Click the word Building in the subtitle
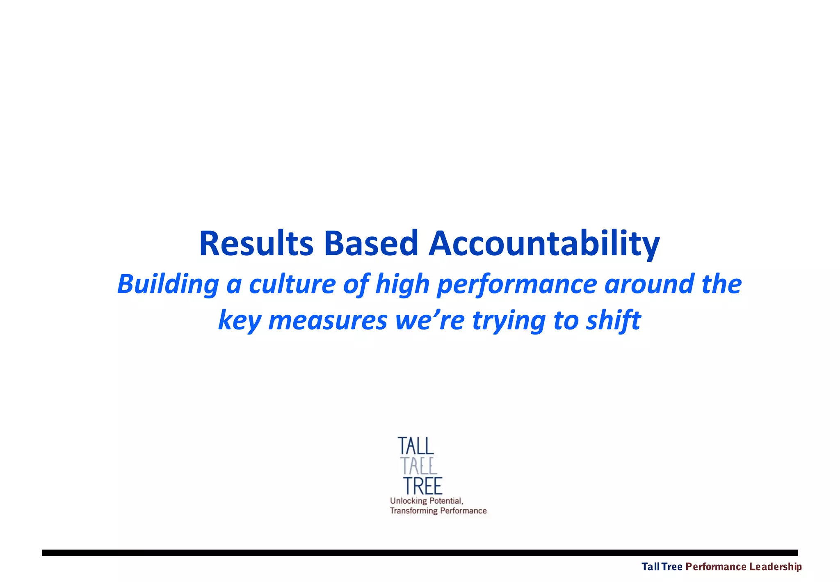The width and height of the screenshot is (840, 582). (168, 284)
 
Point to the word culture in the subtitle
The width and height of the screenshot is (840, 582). (292, 284)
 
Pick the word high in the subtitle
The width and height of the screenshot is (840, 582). (402, 285)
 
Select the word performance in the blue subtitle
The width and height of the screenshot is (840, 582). (516, 285)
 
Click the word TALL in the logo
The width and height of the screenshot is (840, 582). (415, 446)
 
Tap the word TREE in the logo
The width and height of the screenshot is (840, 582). (423, 486)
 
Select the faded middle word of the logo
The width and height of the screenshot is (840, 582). (419, 466)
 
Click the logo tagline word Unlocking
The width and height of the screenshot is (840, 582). (409, 501)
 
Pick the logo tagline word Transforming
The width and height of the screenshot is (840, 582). (413, 511)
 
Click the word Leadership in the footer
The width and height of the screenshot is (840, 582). (775, 567)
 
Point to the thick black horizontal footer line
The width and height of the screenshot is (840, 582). (420, 553)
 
